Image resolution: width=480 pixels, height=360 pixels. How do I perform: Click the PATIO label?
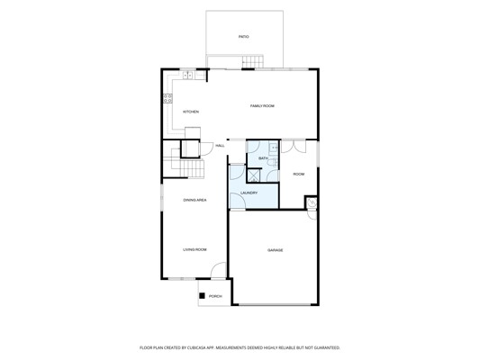point(244,37)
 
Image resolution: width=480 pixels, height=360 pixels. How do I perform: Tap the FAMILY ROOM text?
point(262,106)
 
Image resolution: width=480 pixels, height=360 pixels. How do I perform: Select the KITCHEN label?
point(191,112)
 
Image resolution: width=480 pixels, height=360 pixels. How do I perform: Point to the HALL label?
point(220,146)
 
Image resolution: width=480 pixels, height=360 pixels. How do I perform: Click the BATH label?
point(263,158)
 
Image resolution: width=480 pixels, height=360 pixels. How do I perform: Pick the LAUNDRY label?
point(249,193)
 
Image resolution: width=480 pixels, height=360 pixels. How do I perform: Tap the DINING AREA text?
point(195,200)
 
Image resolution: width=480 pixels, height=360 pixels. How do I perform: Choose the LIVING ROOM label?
point(195,249)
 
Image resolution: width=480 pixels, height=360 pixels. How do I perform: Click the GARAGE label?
point(276,250)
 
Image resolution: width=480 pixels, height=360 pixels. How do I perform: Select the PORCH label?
point(215,296)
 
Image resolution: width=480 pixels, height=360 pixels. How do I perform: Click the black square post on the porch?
point(202,296)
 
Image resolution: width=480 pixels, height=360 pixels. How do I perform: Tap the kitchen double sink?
point(187,75)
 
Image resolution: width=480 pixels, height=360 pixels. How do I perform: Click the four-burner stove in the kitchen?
point(168,98)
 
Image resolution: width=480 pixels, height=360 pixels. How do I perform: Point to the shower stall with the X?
point(254,175)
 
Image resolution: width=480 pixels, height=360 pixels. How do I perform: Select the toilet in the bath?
point(272,163)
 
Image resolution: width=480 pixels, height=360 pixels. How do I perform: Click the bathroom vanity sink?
point(274,148)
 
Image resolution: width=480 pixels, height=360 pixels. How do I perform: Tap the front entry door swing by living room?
point(218,270)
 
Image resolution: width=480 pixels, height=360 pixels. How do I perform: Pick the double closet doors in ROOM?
point(294,147)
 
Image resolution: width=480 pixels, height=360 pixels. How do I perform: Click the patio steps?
point(253,62)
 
